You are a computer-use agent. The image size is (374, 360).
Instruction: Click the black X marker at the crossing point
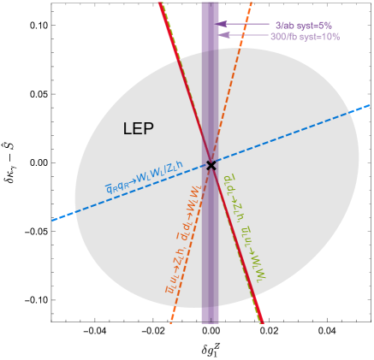coord(211,165)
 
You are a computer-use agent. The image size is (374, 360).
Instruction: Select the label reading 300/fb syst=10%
coord(305,37)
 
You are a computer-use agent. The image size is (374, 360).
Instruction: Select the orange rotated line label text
coord(182,244)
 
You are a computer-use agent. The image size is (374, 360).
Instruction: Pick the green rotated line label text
coord(243,231)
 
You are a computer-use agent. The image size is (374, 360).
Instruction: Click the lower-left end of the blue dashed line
coord(53,221)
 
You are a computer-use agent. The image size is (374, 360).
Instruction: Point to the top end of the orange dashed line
coord(252,3)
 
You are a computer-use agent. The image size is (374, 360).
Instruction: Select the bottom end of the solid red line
coord(262,322)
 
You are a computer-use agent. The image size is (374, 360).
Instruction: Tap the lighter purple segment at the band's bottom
coord(210,314)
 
